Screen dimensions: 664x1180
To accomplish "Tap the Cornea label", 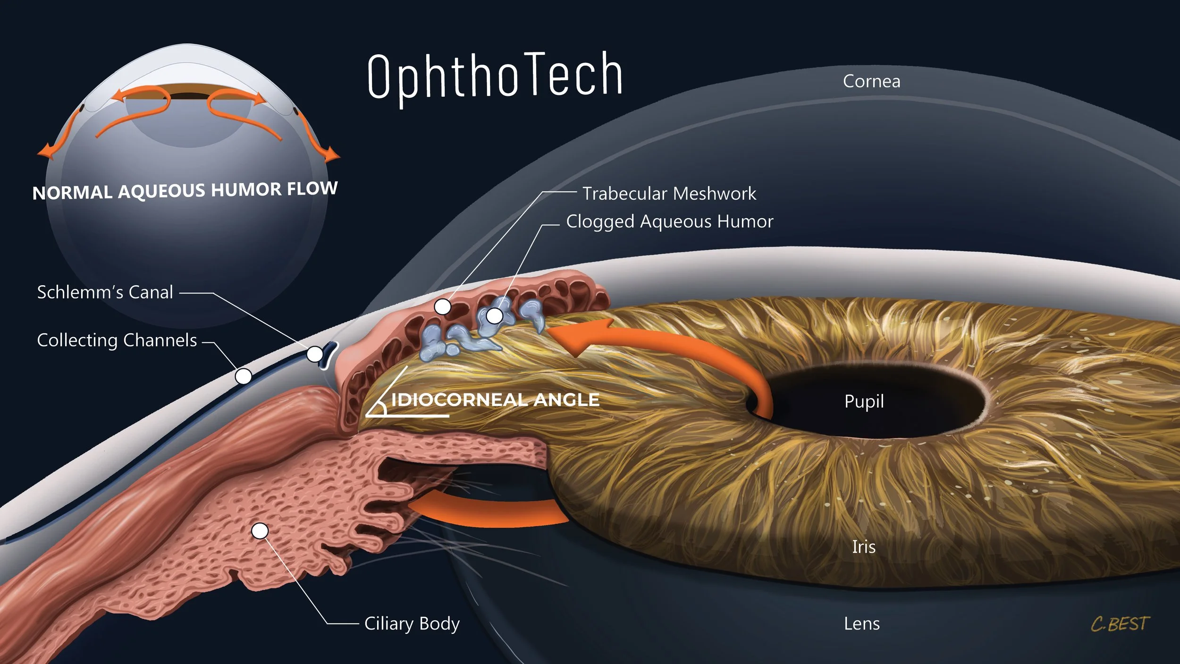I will (871, 81).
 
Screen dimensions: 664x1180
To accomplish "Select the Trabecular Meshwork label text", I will (669, 194).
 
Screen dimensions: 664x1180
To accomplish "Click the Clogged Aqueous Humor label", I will (669, 221).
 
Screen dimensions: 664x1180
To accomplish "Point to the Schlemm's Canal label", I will (105, 292).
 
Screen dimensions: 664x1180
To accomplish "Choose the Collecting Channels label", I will (117, 341).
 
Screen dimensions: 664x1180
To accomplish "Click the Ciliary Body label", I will (412, 624).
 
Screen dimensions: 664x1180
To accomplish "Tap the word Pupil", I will (864, 401).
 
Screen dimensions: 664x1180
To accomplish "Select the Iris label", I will (864, 547).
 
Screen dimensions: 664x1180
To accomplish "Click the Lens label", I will (862, 624).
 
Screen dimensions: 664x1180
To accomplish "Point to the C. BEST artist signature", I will (1120, 624).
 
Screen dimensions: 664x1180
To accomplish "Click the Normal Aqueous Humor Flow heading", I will (185, 190).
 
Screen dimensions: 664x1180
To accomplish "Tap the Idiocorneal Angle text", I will (495, 400).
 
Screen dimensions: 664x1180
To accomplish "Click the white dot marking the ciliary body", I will (260, 531).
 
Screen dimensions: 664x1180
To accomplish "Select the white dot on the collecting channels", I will (244, 376).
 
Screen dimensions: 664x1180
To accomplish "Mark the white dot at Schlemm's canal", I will (314, 354).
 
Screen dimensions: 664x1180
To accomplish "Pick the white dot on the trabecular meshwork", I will (443, 307).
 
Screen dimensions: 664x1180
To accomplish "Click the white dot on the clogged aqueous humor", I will (494, 315).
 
